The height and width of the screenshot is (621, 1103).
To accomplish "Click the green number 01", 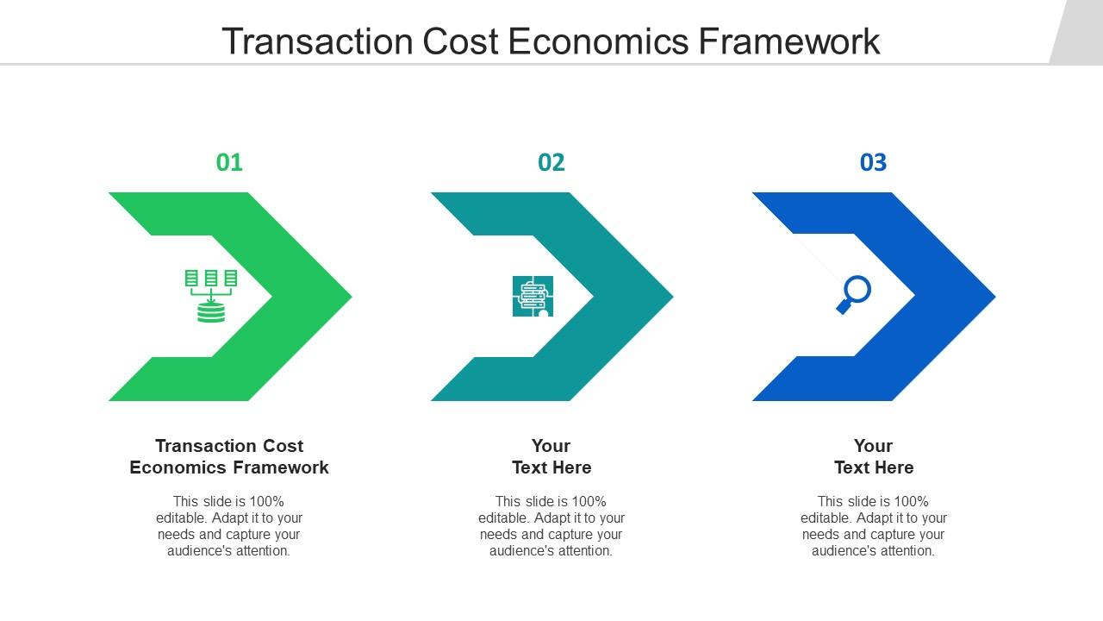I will tap(229, 162).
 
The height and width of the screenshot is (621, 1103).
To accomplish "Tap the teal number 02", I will tap(551, 162).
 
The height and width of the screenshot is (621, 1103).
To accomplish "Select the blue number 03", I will tap(873, 162).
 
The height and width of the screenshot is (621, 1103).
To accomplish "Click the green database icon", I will tap(211, 296).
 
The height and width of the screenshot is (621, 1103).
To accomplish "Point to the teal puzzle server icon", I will tap(533, 296).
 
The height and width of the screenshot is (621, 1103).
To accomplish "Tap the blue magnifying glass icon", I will tap(854, 294).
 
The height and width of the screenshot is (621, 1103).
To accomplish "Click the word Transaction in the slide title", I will tap(317, 41).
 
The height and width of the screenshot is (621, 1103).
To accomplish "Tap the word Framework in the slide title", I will tap(788, 41).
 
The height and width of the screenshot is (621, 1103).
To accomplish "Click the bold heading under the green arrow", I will tap(229, 456).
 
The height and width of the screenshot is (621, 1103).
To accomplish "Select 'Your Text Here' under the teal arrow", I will tap(551, 456).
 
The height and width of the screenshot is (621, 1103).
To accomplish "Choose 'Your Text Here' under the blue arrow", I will tap(873, 456).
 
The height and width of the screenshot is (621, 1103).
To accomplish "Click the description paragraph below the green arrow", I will tap(229, 525).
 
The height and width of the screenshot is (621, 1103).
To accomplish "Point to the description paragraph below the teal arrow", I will tap(551, 525).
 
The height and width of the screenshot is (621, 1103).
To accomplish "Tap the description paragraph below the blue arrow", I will tap(873, 525).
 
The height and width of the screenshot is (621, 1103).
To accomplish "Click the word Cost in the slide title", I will tap(460, 41).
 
